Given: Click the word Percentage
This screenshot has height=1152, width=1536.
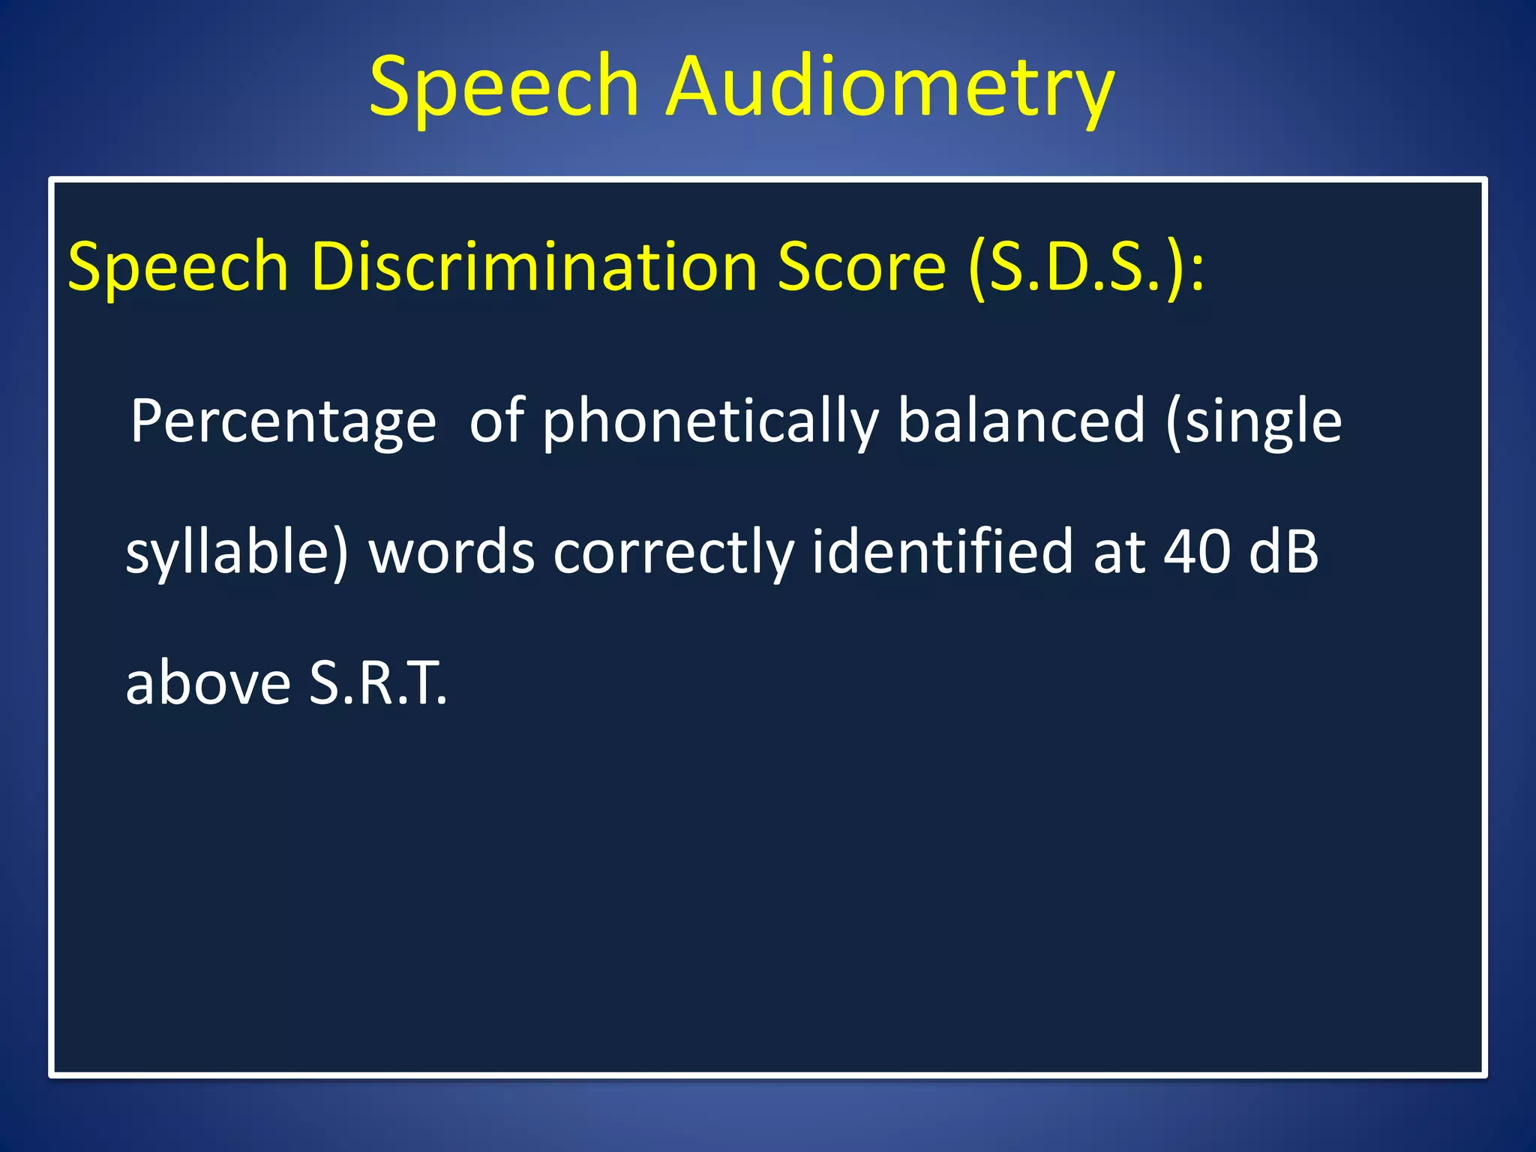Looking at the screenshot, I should [x=283, y=422].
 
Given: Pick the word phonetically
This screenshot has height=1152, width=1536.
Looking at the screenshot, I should [x=710, y=422].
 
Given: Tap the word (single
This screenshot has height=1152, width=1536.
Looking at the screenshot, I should [x=1253, y=422].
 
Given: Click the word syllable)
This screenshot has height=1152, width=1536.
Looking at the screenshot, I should [x=237, y=553].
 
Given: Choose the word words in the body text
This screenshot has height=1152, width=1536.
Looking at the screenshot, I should [x=451, y=553].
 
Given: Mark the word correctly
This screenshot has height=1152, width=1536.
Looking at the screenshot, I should [x=673, y=553].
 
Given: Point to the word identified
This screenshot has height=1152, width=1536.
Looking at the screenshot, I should [x=943, y=552].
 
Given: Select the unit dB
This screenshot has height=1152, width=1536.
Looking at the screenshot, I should [x=1283, y=553].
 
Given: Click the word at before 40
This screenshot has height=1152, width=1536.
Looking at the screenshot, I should [x=1119, y=553].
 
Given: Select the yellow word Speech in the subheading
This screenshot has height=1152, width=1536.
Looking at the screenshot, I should [x=178, y=268].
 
